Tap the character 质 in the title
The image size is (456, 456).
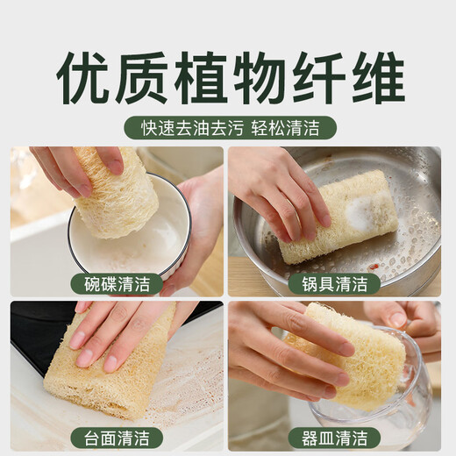click(142, 76)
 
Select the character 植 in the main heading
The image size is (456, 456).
click(201, 76)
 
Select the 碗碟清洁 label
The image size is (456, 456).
click(117, 283)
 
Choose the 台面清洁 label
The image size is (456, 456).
click(117, 437)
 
